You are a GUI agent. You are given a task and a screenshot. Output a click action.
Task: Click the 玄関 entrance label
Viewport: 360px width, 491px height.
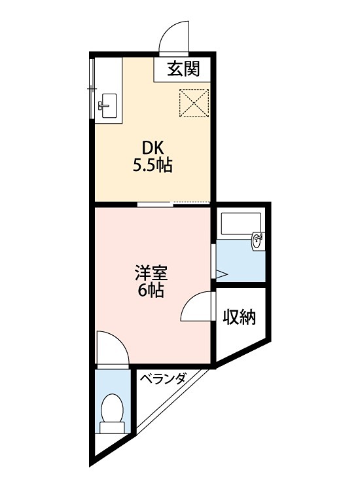coord(183,69)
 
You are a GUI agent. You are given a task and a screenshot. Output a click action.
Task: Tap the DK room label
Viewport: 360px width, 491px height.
coord(153,147)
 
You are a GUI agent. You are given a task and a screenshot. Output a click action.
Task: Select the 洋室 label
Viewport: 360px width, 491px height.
coord(151,274)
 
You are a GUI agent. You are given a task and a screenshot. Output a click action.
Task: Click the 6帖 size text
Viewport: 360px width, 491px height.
coord(151,291)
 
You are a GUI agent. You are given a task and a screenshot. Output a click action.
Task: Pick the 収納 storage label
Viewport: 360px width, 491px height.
coord(239,318)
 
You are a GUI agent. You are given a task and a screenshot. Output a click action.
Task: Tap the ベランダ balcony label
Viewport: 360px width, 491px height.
coord(162,379)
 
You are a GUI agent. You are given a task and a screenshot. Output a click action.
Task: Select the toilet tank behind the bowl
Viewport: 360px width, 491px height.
coord(113,427)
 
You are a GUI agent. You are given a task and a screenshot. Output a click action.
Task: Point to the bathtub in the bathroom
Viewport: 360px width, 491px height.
coord(241,224)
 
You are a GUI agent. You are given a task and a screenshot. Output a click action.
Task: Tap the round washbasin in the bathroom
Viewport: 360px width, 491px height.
coord(257,241)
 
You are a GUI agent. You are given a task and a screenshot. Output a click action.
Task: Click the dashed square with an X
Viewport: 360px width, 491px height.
coord(194,103)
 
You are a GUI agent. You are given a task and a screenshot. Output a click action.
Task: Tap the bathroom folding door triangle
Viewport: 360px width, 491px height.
coord(221,274)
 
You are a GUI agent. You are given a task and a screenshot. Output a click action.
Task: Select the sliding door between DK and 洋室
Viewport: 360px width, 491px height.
coord(155,204)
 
